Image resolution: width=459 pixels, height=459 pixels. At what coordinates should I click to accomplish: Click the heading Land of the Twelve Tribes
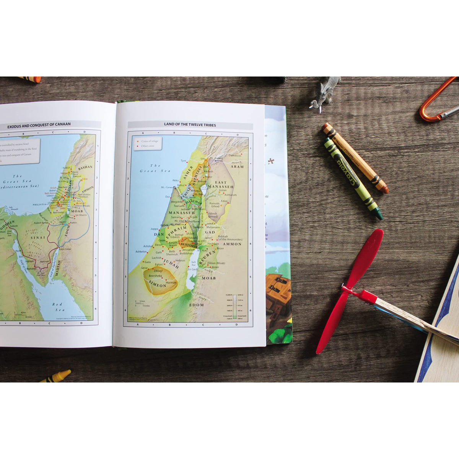coord(190,125)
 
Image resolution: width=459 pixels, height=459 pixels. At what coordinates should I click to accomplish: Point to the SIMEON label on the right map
coord(158,285)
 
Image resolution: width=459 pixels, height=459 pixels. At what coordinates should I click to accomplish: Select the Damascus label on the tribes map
coord(235,155)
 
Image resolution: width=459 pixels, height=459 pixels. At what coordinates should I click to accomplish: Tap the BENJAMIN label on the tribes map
coord(189,244)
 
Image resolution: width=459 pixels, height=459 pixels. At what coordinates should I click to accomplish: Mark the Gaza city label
coord(147,262)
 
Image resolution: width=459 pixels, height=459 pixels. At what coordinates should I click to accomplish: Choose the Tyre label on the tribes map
coord(184,161)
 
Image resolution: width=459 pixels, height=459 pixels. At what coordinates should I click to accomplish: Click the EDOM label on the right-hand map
coord(197,305)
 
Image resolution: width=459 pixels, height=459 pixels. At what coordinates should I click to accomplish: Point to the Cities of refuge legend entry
coord(150,142)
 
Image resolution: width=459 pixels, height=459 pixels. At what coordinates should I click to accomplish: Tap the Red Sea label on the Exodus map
coord(57,307)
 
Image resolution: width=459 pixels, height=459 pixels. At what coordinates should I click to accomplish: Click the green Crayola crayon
coord(353,178)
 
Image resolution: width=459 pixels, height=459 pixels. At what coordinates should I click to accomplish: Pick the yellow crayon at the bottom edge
coord(56,376)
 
